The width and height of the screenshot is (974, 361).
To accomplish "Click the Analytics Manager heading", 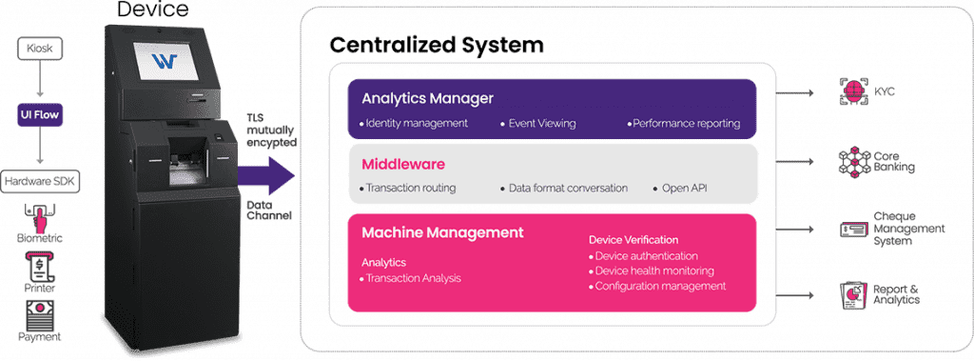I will [427, 98].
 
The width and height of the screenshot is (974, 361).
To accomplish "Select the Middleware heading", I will [404, 164].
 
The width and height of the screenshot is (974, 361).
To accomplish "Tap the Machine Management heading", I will [442, 231].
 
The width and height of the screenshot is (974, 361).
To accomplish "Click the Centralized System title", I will [437, 46].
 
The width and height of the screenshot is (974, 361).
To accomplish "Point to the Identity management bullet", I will [416, 124].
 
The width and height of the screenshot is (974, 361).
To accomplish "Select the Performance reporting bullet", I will [684, 124].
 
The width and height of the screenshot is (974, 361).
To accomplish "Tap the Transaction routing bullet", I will [410, 189].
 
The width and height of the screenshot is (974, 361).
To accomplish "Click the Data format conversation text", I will [566, 189].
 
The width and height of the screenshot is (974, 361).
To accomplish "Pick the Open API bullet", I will [683, 189].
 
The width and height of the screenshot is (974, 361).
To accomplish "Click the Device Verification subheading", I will [633, 239].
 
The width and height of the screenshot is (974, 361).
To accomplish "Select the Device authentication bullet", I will [646, 255].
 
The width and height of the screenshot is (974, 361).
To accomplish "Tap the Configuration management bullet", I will [660, 286].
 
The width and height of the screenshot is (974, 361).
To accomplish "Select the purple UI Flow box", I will [39, 115].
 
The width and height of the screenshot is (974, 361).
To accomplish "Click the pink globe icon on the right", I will [853, 91].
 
